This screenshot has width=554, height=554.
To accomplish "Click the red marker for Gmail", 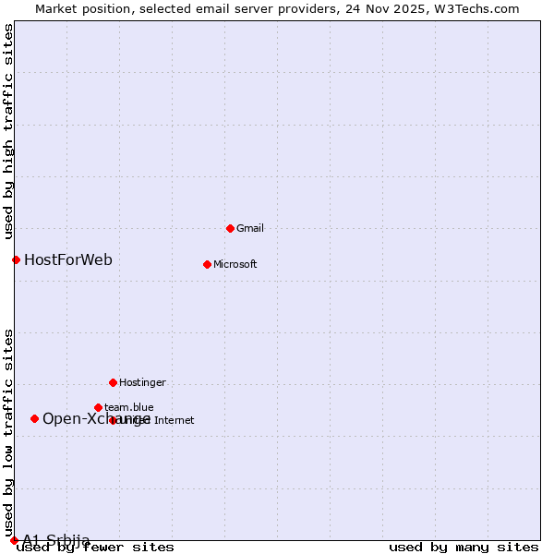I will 230,228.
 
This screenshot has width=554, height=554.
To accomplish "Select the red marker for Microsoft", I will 207,264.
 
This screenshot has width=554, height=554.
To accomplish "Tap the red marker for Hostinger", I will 113,382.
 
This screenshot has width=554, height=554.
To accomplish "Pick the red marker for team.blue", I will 98,407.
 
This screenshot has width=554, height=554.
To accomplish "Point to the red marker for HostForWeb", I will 16,259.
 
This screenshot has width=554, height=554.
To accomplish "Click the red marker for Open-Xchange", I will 34,418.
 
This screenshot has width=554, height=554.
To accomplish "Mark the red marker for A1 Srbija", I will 14,540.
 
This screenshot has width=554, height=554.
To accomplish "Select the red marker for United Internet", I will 113,420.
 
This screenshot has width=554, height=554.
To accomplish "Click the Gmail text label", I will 251,228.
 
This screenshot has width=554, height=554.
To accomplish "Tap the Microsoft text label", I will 235,264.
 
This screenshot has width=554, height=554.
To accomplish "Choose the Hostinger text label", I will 142,382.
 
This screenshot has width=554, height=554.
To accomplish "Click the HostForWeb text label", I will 68,259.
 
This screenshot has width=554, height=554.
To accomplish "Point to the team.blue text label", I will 129,407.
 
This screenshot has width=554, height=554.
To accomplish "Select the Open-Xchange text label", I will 96,418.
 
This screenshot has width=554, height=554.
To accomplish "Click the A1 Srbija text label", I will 56,540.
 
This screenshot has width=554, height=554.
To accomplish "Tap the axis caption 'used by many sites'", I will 464,548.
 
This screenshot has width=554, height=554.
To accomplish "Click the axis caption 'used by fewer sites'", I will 96,548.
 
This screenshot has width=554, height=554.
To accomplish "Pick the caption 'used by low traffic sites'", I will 8,432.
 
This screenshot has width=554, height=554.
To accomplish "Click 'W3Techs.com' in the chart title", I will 477,8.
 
